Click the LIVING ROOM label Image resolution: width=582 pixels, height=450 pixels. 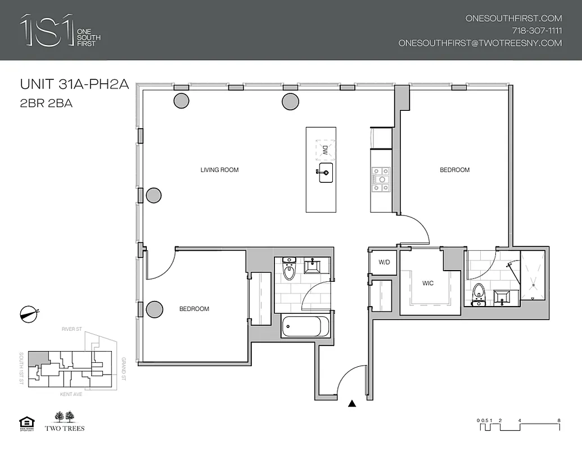pos(220,170)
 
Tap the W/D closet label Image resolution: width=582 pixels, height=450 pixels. pos(384,262)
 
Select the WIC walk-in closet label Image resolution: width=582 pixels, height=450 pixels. pos(428,283)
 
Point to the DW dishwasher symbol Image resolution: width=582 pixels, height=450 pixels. pos(324,150)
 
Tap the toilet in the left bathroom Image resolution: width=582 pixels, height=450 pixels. pos(289,270)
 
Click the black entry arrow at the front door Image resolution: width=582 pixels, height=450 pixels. pos(352,403)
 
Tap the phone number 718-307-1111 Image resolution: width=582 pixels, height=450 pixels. pos(536,30)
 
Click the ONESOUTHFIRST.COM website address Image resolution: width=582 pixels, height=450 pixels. pos(513,18)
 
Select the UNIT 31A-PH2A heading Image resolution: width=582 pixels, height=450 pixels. pos(75,85)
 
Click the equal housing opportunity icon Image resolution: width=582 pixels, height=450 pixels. pos(26,422)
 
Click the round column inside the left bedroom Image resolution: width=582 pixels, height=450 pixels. pos(154,309)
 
